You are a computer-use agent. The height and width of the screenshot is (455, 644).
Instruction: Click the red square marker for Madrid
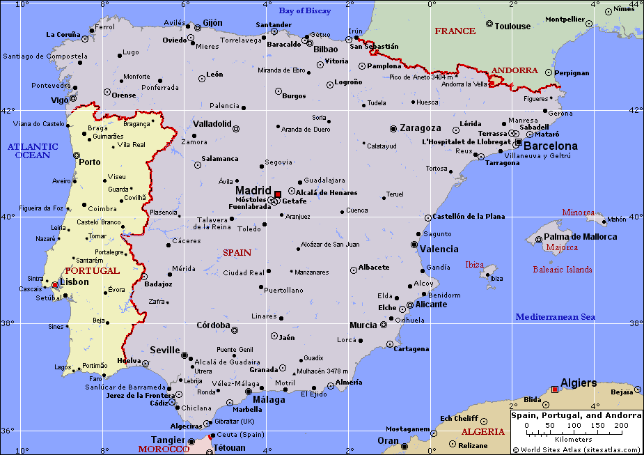point(277,194)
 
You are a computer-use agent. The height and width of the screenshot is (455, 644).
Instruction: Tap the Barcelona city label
point(550,146)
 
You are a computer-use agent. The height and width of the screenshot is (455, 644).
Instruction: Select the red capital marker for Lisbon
point(54,285)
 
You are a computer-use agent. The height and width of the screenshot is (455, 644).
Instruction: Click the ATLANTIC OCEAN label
point(33,151)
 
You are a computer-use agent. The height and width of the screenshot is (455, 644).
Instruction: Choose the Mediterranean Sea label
point(555,317)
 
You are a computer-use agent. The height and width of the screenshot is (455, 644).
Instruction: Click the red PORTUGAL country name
point(92,270)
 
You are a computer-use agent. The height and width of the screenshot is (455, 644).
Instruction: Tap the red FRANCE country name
point(455,31)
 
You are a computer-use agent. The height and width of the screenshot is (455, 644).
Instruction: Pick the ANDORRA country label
point(515,70)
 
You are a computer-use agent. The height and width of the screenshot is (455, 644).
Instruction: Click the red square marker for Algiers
point(554,390)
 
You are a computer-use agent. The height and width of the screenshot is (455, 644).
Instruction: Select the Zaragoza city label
point(420,128)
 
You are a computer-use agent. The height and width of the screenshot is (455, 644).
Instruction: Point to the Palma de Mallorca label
point(580,237)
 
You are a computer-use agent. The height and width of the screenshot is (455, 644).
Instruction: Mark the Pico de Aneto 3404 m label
point(416,77)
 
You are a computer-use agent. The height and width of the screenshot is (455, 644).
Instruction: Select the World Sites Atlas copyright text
point(576,449)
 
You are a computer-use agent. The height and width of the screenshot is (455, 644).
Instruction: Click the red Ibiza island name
point(474,265)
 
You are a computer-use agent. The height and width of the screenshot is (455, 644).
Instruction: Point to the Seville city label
point(164,350)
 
